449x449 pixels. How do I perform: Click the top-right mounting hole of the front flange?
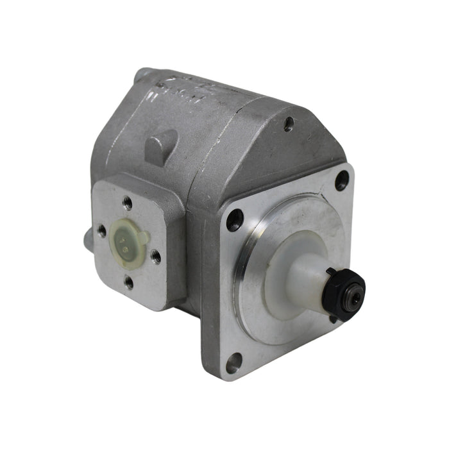(342, 181)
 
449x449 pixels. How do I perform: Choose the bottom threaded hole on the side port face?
(129, 281)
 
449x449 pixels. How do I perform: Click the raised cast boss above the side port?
(160, 145)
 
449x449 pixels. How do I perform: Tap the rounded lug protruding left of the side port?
(87, 241)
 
